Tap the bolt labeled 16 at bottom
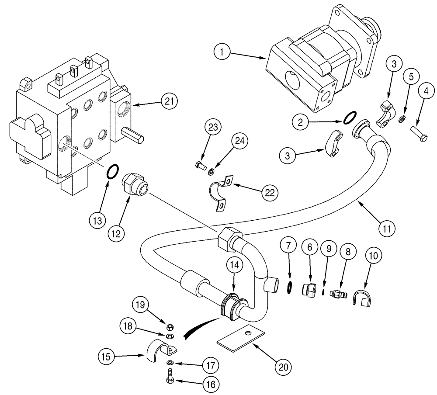170,377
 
